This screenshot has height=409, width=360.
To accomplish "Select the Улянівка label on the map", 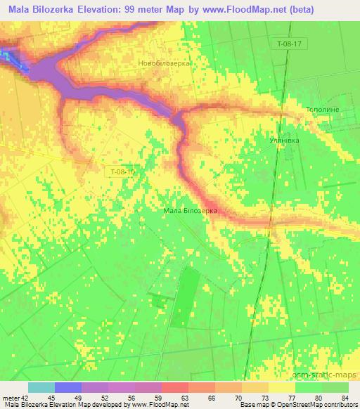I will click(x=285, y=140).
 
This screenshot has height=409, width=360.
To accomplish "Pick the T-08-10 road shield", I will click(x=122, y=171).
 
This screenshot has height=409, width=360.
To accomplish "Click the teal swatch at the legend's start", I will click(x=41, y=387).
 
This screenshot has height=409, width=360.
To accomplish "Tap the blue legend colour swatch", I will click(x=68, y=387).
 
